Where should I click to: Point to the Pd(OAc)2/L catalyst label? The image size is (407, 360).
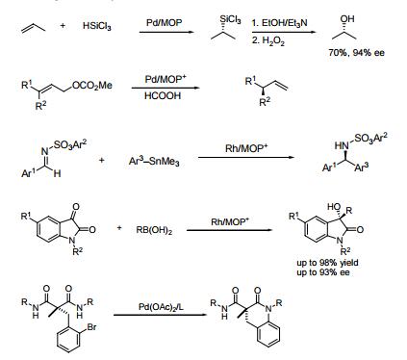point(164,308)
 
